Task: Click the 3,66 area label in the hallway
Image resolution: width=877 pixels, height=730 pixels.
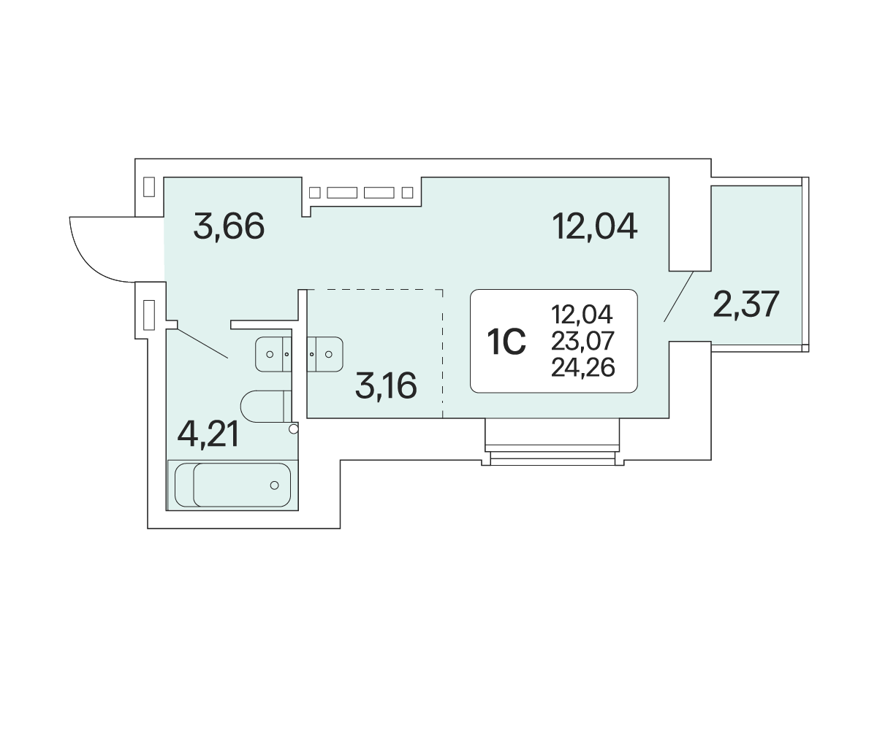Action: coord(229,226)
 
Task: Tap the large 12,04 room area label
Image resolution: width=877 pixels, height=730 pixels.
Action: coord(595,226)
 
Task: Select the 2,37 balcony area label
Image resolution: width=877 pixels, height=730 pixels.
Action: coord(746,304)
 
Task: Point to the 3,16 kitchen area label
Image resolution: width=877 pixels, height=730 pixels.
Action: coord(386,385)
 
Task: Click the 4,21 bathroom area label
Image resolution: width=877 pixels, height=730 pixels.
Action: coord(208,434)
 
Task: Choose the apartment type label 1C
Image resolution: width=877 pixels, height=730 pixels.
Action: coord(506,342)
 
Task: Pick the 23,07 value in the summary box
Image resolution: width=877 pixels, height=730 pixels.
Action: coord(582,341)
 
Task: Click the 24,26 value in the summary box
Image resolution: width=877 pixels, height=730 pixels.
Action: coord(583,367)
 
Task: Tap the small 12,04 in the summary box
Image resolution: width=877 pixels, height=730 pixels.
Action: coord(582,314)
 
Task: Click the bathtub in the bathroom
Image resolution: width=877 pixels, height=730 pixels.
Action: coord(232,485)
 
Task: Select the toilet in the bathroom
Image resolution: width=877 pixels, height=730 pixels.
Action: coord(266,406)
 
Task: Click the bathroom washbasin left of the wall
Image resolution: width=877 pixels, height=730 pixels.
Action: coord(273,354)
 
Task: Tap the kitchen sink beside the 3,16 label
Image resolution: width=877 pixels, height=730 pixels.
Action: coord(325,354)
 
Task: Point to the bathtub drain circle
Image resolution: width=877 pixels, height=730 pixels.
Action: coord(274,485)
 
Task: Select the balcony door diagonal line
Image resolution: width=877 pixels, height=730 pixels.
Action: coord(678,296)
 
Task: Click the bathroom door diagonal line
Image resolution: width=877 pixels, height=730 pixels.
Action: coord(202,343)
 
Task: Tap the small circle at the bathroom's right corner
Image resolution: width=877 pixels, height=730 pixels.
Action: coord(294,429)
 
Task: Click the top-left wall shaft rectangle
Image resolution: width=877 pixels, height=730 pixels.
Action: coord(149,187)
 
